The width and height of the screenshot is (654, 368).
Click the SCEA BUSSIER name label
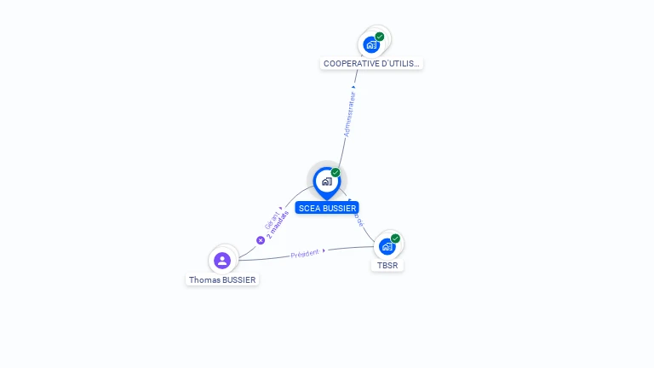tap(327, 208)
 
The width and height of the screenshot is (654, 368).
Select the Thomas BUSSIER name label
tap(222, 279)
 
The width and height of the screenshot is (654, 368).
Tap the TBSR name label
tap(387, 265)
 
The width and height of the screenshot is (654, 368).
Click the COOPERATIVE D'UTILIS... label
tap(371, 63)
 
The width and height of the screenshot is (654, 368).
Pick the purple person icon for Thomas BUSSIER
tap(222, 260)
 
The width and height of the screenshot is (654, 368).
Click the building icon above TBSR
tap(387, 246)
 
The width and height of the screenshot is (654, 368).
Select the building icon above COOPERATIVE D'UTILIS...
tap(371, 44)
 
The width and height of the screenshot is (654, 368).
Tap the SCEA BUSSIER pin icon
tap(326, 181)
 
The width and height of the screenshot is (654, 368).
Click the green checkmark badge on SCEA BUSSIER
tap(336, 173)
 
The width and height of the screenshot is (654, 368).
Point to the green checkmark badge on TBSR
tap(395, 239)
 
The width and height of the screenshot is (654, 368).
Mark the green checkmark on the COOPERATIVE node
tap(380, 37)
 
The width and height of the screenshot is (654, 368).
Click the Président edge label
tap(304, 254)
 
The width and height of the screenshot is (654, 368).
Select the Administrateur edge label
tap(349, 114)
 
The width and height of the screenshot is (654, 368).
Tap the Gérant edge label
tap(272, 220)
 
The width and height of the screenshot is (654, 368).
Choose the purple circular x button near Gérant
tap(261, 239)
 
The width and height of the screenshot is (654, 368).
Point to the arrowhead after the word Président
tap(324, 250)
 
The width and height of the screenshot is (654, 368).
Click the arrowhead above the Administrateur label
tap(353, 87)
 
